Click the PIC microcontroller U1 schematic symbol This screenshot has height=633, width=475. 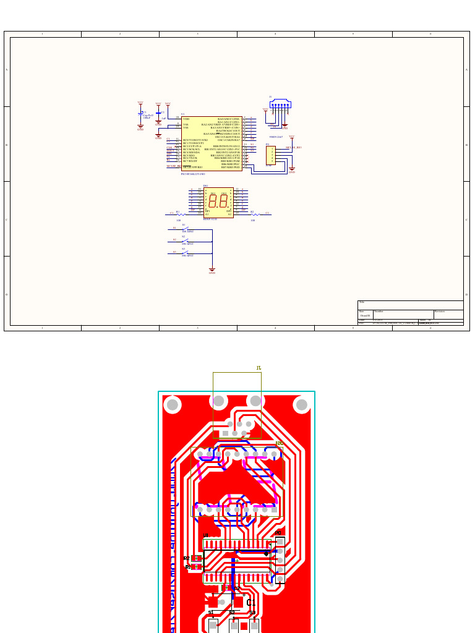[x=212, y=143]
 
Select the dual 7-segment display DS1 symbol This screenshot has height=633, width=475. [x=218, y=202]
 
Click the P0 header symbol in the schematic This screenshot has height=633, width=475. [x=270, y=155]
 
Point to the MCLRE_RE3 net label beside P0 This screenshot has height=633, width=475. [x=293, y=148]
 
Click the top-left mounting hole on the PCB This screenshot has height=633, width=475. [x=173, y=405]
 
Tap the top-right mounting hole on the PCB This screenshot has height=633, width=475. [x=301, y=405]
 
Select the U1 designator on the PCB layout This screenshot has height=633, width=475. [x=206, y=535]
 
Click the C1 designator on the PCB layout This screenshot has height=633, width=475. [x=250, y=603]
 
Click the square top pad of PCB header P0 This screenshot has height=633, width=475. [x=280, y=542]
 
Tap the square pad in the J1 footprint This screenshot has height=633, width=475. [x=225, y=433]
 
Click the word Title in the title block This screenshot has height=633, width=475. [x=362, y=303]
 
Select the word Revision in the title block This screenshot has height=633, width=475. [x=440, y=312]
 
